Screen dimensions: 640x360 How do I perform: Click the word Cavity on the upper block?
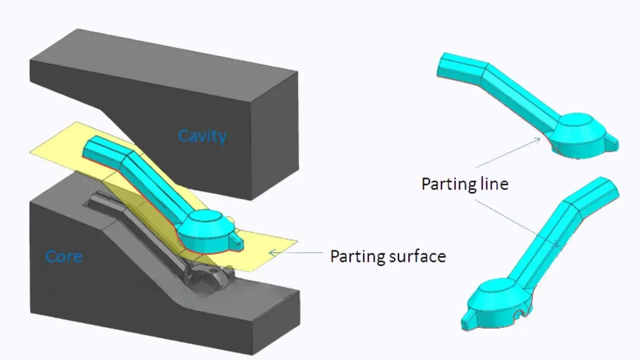click(202, 136)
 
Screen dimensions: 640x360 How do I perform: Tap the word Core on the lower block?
click(64, 256)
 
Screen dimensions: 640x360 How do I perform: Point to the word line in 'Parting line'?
click(495, 183)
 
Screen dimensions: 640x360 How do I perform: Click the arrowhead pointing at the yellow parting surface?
click(273, 252)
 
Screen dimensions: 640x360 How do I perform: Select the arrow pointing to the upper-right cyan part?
click(507, 153)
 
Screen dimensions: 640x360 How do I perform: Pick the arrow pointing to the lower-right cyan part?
click(516, 223)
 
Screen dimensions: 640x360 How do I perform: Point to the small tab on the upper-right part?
click(610, 142)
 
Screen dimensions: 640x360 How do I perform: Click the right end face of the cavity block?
click(275, 135)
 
